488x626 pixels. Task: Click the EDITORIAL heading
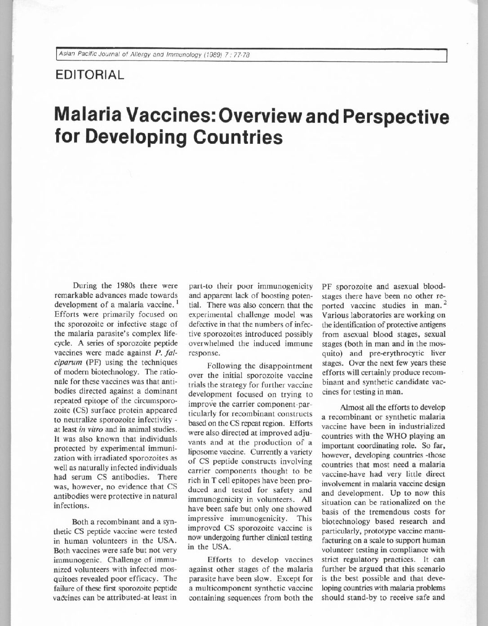click(x=89, y=74)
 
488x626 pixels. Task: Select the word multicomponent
click(x=223, y=589)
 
